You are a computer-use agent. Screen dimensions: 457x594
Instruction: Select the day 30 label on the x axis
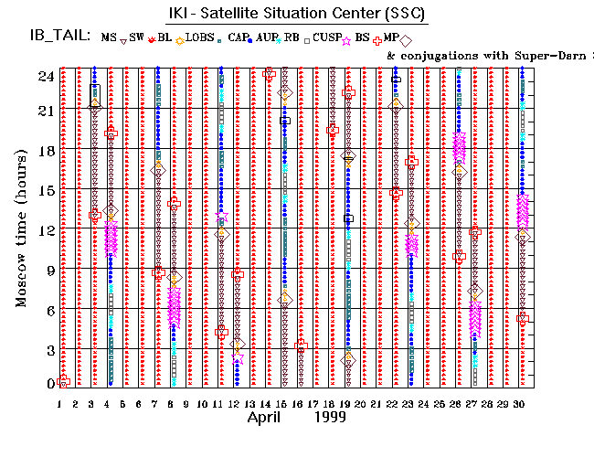(522, 403)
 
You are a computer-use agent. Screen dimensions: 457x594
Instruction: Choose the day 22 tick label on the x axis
(395, 403)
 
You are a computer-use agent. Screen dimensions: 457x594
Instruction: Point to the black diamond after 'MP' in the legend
(405, 39)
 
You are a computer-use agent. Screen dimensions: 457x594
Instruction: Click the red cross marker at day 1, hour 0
(63, 381)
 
